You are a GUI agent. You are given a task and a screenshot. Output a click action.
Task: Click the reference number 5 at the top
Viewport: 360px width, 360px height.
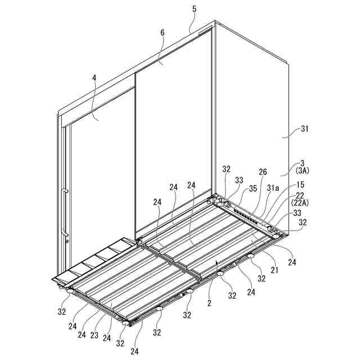(x=194, y=9)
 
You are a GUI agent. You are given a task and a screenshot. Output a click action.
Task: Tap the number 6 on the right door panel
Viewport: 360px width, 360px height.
(x=163, y=33)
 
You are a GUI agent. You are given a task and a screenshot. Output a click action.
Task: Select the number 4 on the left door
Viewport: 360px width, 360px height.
(x=94, y=78)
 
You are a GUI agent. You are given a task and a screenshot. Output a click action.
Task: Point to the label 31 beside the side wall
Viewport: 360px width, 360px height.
(x=304, y=129)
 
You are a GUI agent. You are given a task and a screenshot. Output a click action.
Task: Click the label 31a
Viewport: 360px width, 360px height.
(x=273, y=188)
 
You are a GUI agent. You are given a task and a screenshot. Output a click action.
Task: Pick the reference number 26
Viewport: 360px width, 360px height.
(x=263, y=172)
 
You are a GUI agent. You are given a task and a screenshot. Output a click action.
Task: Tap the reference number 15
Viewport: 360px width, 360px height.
(x=300, y=184)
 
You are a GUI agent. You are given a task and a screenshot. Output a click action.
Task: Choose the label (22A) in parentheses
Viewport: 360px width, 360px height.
(x=300, y=203)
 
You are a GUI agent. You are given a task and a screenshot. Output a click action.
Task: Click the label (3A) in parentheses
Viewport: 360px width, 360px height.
(x=302, y=171)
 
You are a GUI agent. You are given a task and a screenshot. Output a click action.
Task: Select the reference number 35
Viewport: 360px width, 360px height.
(x=253, y=188)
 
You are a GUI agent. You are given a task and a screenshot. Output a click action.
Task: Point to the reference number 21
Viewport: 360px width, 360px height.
(x=274, y=270)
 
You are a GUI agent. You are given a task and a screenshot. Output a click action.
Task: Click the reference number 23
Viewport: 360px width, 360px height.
(x=94, y=335)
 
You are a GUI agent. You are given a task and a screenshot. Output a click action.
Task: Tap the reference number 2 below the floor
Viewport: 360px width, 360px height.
(x=209, y=303)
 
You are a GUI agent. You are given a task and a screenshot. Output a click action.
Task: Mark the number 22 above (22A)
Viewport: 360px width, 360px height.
(x=300, y=196)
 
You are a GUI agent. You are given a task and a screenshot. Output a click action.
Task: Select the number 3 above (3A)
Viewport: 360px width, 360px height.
(x=303, y=164)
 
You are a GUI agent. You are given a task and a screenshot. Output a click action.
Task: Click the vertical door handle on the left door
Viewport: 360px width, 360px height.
(x=65, y=213)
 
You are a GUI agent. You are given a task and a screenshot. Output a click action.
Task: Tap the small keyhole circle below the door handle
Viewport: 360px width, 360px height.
(x=67, y=241)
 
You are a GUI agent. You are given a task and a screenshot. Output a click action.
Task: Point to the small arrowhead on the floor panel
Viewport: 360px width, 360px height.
(x=217, y=263)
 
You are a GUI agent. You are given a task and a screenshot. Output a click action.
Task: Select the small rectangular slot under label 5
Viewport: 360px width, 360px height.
(x=205, y=30)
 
